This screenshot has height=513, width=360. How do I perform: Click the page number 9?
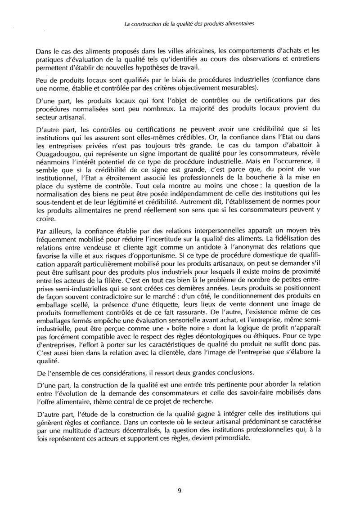pyautogui.click(x=179, y=491)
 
